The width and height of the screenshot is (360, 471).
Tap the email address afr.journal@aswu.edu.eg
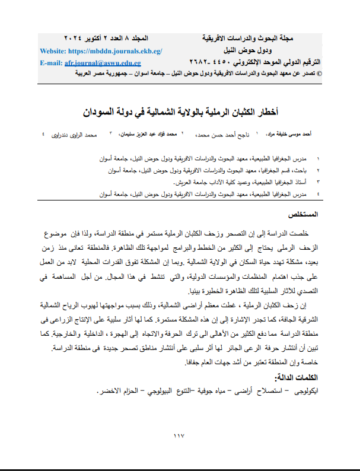pos(103,62)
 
